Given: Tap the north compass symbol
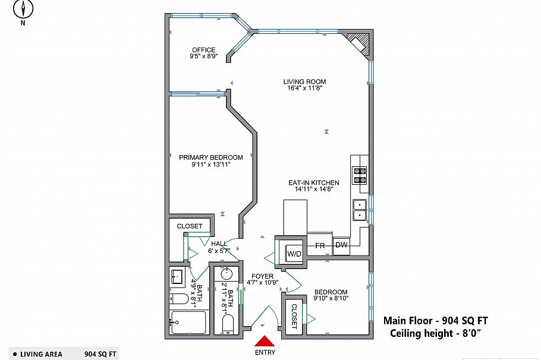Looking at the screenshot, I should (x=23, y=9).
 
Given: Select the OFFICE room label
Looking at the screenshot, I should (x=203, y=50).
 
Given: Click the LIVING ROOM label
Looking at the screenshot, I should (x=304, y=82).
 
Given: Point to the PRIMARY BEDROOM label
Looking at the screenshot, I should (x=211, y=157).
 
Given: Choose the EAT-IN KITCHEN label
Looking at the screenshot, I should (x=314, y=183).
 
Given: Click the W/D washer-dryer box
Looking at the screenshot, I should (x=294, y=254).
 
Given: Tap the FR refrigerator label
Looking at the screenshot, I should (x=319, y=245).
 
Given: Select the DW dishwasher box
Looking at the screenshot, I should (x=341, y=245).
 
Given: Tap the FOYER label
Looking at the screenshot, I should (x=262, y=276).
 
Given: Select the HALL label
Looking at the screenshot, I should (x=219, y=244).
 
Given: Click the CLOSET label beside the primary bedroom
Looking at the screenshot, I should (x=190, y=226).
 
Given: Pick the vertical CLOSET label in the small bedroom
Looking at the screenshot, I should (x=294, y=316).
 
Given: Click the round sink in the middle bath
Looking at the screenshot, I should (x=227, y=275).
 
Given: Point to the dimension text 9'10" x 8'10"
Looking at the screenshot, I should (x=331, y=298).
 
